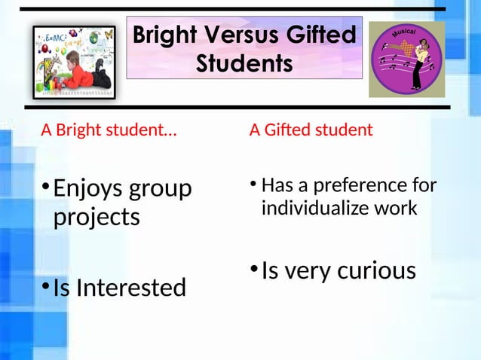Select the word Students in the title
tap(244, 63)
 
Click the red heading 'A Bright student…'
tap(109, 130)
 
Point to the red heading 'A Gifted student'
tap(311, 130)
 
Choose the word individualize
tap(315, 208)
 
